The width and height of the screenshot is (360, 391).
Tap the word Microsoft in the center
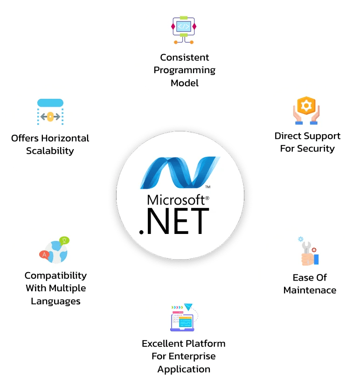176,200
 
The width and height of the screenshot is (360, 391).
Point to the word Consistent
185,57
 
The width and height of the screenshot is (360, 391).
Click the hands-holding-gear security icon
306,111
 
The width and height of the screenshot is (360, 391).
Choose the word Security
318,149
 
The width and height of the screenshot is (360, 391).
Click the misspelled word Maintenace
310,290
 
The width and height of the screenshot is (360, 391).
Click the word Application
184,369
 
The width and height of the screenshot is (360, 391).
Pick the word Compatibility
55,275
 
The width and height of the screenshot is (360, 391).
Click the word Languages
55,301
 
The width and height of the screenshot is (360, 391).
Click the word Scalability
50,151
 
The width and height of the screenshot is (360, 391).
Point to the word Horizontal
66,138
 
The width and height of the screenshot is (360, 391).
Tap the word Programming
185,70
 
